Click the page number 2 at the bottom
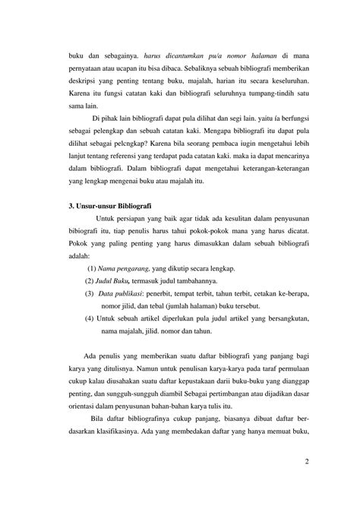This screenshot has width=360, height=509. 306,461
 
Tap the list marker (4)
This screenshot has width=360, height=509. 90,318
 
